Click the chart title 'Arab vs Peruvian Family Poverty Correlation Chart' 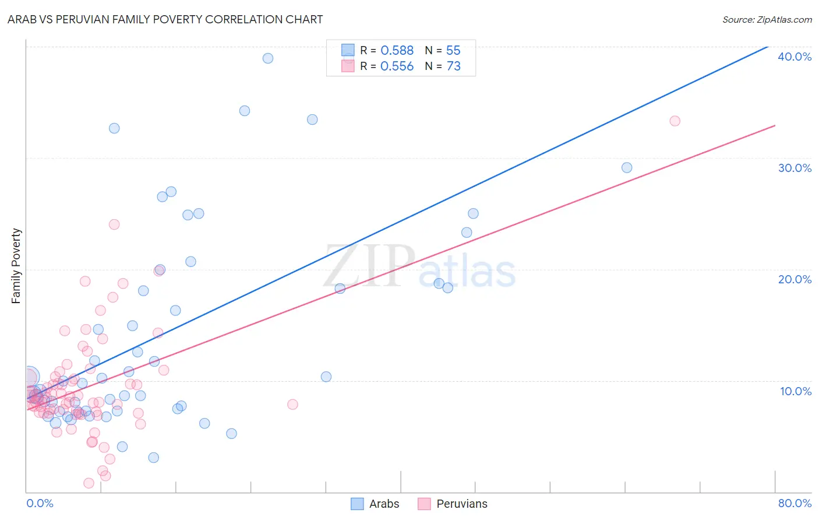(x=165, y=19)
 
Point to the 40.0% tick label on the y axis (x=795, y=57)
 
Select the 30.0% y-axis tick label (x=795, y=168)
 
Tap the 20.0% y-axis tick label (x=795, y=279)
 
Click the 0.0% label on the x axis (x=40, y=503)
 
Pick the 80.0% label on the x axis (x=795, y=503)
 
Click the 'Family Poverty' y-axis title (x=16, y=266)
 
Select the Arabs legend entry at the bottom (x=375, y=504)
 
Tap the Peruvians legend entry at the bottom (x=453, y=504)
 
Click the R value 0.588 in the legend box (x=397, y=51)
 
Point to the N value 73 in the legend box (x=453, y=66)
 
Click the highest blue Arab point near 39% (x=268, y=58)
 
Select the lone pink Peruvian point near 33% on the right (x=675, y=121)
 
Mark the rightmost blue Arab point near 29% (x=627, y=168)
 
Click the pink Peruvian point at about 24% (x=114, y=224)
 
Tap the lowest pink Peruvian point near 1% (x=89, y=483)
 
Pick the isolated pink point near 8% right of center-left (x=292, y=405)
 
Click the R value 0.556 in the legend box (x=397, y=66)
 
